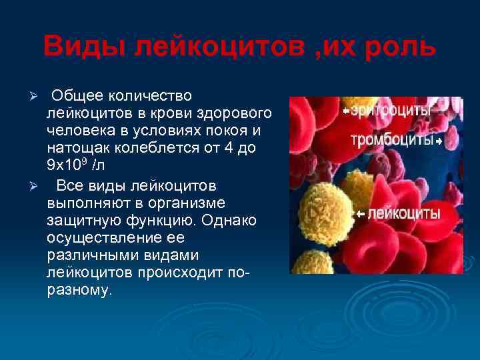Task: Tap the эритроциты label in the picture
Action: pyautogui.click(x=390, y=111)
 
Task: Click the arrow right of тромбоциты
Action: pyautogui.click(x=439, y=142)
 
